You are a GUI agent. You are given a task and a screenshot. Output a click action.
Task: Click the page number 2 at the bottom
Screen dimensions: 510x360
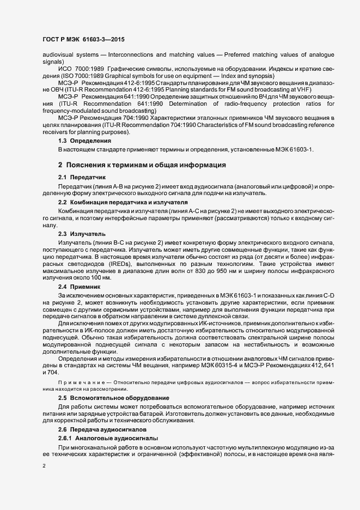(45, 466)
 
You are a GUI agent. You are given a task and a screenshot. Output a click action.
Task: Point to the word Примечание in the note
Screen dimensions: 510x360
(80, 383)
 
